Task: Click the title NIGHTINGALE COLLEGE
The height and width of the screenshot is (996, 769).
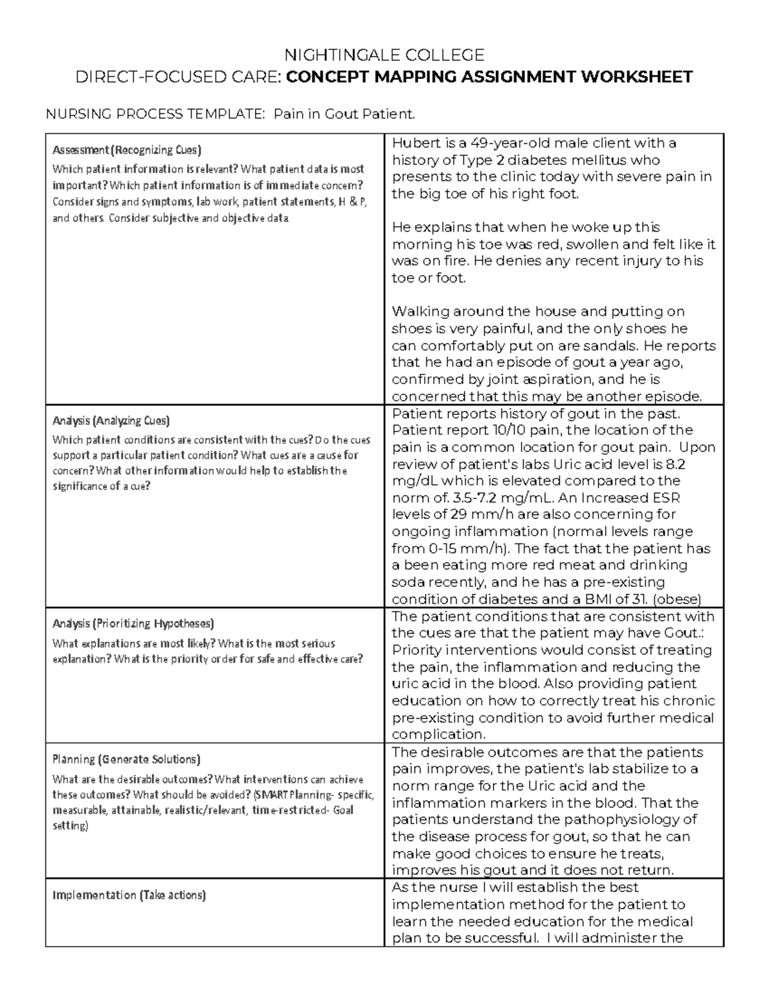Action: [x=384, y=55]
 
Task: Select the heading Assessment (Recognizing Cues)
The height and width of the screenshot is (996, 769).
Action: [x=127, y=150]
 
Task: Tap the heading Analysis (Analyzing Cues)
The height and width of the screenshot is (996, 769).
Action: [x=111, y=421]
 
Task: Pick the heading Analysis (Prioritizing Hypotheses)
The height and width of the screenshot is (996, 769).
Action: [x=133, y=623]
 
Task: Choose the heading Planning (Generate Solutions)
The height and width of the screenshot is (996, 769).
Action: [x=126, y=759]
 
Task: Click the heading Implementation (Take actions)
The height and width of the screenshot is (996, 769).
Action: [x=129, y=895]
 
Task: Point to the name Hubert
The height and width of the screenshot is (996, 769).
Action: [x=415, y=142]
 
